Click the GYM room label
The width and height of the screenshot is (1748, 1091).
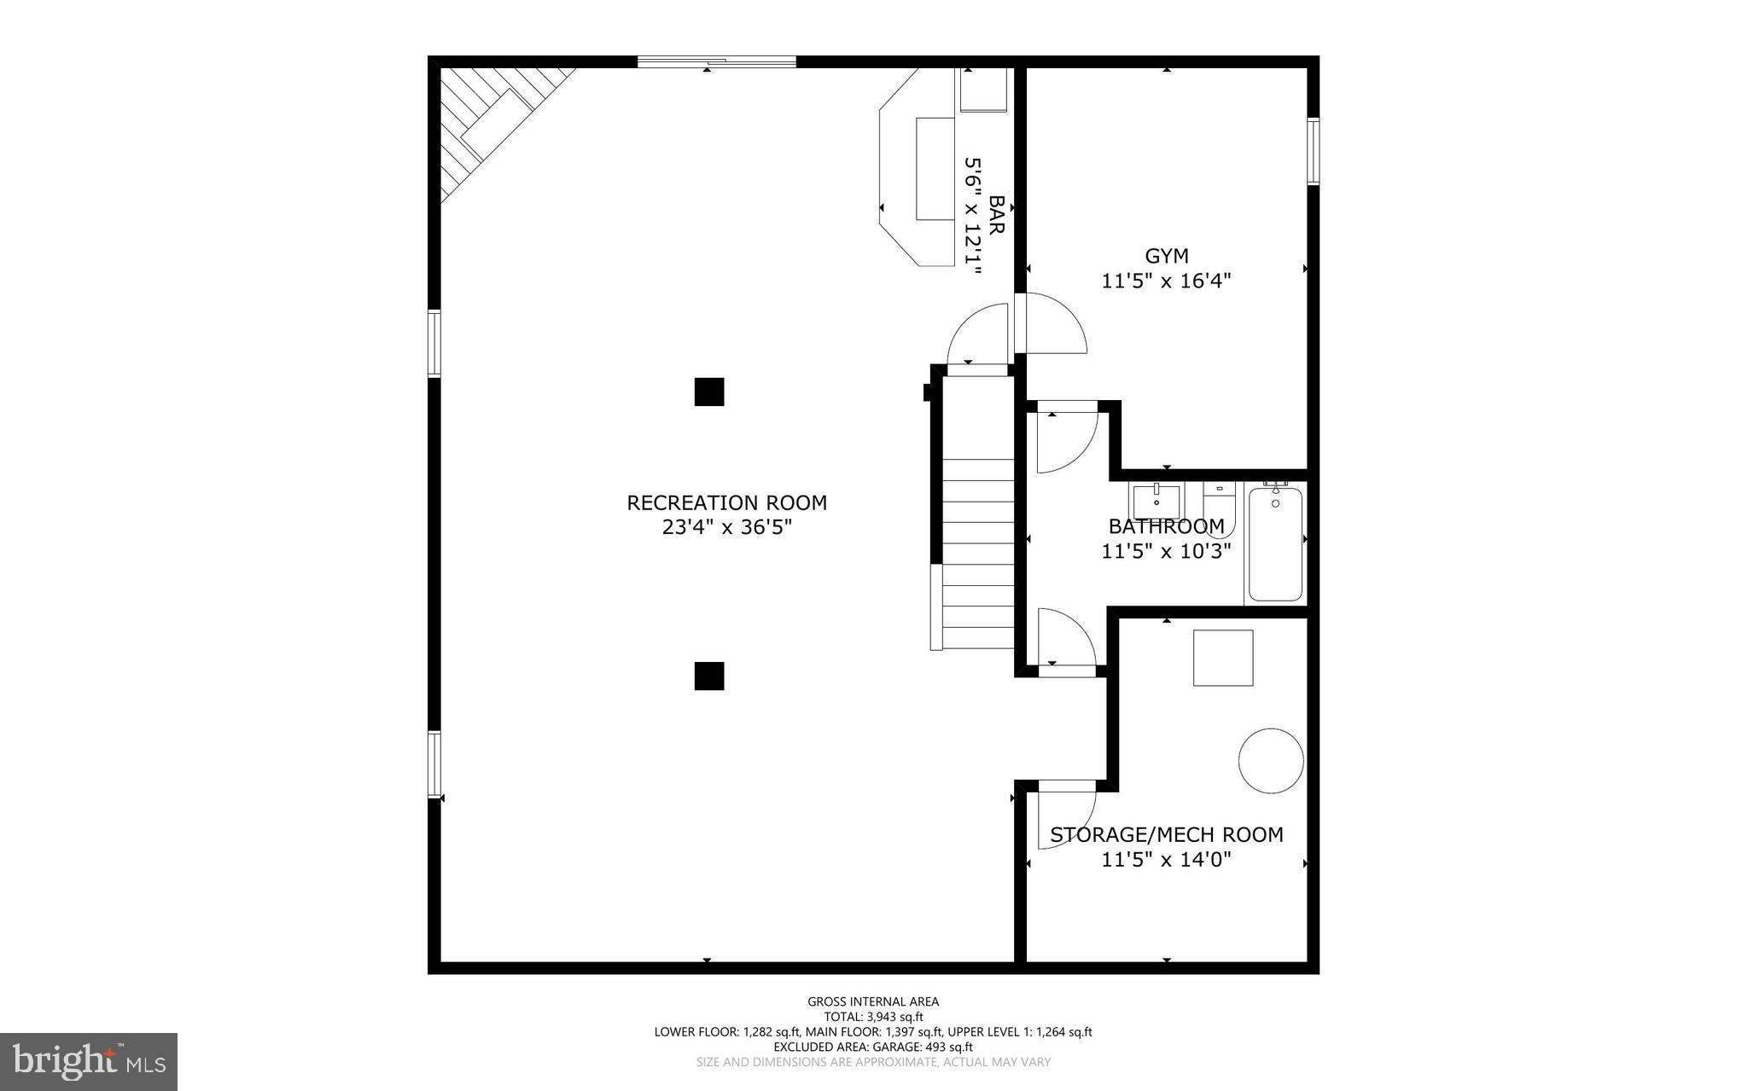pos(1166,256)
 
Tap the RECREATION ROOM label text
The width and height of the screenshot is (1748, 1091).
pos(726,503)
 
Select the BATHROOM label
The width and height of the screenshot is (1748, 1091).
pos(1166,526)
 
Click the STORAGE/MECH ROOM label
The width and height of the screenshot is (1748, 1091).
pos(1166,834)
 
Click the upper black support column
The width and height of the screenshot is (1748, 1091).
pos(708,392)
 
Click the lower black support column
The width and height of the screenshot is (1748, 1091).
pos(708,676)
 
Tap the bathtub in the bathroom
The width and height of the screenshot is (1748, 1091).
pos(1275,543)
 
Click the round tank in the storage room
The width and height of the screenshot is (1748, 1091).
pos(1271,760)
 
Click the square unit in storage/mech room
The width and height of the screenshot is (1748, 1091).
pos(1222,658)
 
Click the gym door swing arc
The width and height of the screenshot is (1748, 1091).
pos(1057,324)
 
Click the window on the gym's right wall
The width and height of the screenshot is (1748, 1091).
pos(1313,152)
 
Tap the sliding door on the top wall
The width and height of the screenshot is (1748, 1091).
pos(717,61)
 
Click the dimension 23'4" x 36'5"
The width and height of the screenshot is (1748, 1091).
pos(726,528)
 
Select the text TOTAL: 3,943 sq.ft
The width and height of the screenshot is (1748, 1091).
pos(873,1017)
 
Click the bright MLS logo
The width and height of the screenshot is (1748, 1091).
pos(89,1061)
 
